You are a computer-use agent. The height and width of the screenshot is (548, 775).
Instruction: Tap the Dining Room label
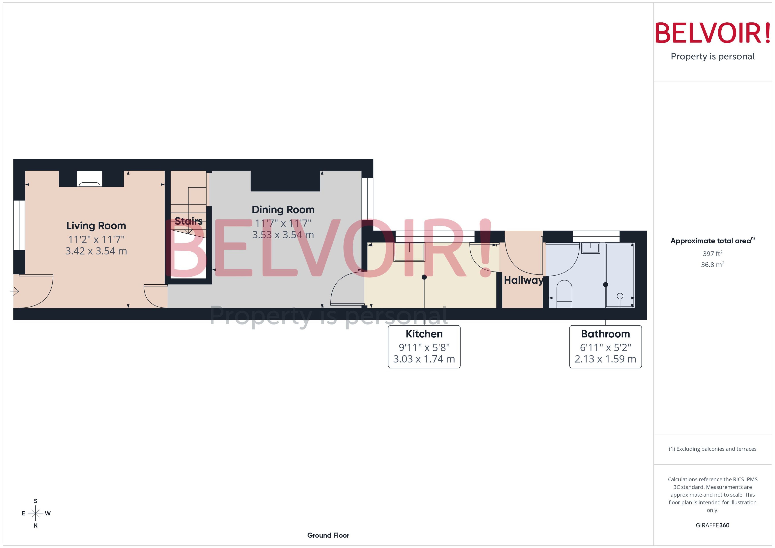283,210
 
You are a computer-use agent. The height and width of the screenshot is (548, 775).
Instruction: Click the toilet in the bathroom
564,293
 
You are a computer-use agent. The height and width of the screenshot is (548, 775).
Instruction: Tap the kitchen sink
409,252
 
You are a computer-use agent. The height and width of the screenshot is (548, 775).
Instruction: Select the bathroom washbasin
590,248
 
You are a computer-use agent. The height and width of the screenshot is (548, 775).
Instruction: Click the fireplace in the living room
89,184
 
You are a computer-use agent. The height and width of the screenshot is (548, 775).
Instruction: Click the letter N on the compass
35,525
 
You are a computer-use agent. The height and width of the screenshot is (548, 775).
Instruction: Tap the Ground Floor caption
328,535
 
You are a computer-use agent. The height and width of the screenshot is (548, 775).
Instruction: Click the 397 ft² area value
713,253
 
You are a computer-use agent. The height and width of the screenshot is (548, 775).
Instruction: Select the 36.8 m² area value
713,265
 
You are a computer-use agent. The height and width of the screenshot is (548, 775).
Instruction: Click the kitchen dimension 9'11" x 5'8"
424,347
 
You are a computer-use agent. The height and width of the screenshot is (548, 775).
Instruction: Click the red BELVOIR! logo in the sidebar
713,33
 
